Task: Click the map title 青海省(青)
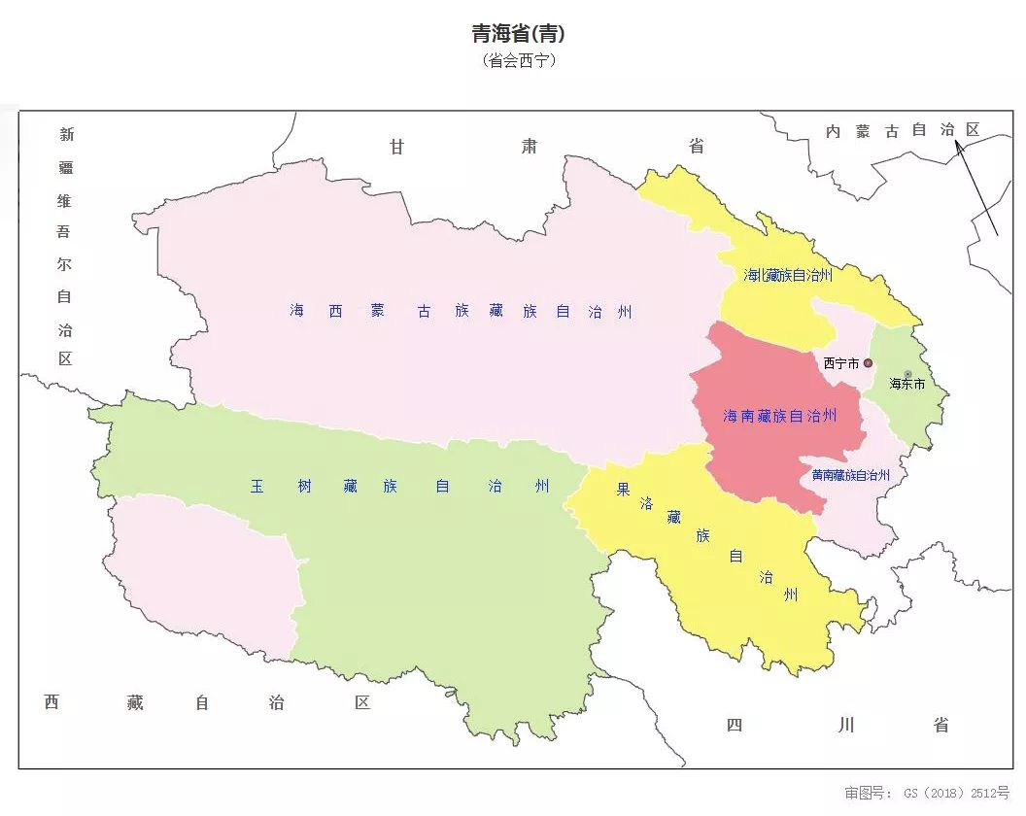pyautogui.click(x=518, y=34)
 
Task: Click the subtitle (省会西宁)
pyautogui.click(x=518, y=60)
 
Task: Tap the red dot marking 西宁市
pyautogui.click(x=868, y=363)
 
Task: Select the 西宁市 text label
pyautogui.click(x=840, y=363)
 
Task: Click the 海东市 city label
pyautogui.click(x=907, y=384)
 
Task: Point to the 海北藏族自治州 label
pyautogui.click(x=788, y=275)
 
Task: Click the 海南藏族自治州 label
pyautogui.click(x=779, y=416)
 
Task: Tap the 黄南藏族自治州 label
pyautogui.click(x=850, y=475)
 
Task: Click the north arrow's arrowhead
pyautogui.click(x=958, y=147)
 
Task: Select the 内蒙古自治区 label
pyautogui.click(x=902, y=130)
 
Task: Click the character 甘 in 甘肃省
pyautogui.click(x=396, y=147)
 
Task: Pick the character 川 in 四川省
pyautogui.click(x=846, y=725)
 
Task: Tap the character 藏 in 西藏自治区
pyautogui.click(x=135, y=702)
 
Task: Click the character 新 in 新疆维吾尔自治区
pyautogui.click(x=66, y=134)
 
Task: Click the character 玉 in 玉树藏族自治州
pyautogui.click(x=256, y=486)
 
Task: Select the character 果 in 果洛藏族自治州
pyautogui.click(x=623, y=490)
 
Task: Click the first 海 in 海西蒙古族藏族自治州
pyautogui.click(x=296, y=311)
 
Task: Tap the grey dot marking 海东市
pyautogui.click(x=907, y=374)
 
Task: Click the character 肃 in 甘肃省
pyautogui.click(x=529, y=147)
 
